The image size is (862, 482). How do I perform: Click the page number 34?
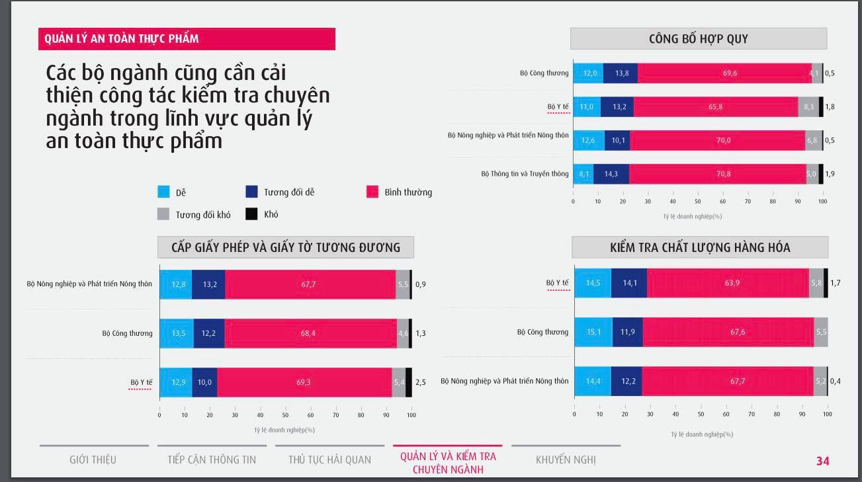coord(822,461)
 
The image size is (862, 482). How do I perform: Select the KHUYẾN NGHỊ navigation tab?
coord(566,460)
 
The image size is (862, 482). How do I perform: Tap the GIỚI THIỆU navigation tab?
coord(93,460)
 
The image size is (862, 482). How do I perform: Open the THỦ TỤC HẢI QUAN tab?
coord(329,460)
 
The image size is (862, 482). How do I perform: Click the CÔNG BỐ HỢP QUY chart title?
coord(699,38)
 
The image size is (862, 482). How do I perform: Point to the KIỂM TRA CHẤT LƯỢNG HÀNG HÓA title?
coord(700,248)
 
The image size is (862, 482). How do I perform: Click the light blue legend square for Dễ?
coord(163,192)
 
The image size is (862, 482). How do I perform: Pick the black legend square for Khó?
coord(251,214)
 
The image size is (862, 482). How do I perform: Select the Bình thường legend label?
coord(408,192)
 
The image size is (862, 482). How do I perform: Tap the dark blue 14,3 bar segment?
coord(611,174)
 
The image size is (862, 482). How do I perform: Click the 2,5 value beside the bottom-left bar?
coord(421,382)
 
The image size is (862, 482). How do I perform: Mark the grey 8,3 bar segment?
coord(808,106)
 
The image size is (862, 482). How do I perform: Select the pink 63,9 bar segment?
coord(728,283)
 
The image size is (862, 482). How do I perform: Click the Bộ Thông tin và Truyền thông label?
coord(525,174)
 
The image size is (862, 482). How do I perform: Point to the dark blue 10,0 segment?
coord(204,382)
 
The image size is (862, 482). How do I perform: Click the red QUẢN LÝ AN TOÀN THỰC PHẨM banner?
coord(187,39)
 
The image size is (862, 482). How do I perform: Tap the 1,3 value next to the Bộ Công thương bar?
coord(421,333)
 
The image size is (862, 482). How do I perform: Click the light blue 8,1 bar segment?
coord(583,174)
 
